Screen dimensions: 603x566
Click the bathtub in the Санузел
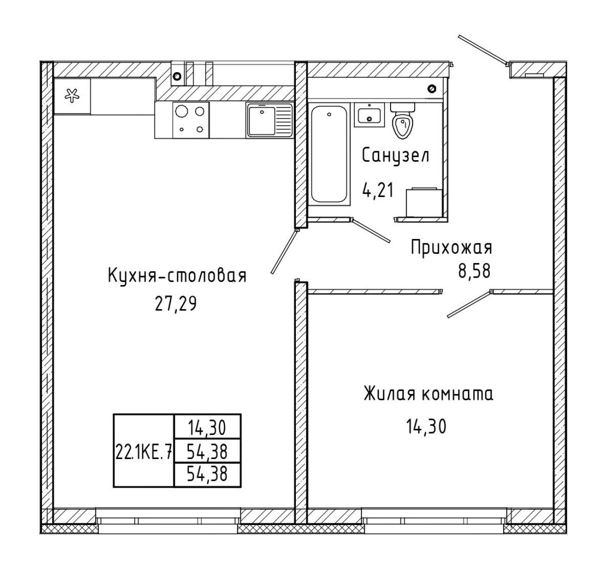[329, 154]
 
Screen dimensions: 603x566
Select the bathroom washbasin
[369, 115]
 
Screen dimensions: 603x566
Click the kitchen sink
[269, 120]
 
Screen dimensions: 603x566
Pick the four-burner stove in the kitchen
[191, 120]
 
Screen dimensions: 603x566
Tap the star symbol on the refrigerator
[72, 96]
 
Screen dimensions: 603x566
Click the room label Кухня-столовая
[177, 276]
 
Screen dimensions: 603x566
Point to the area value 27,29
[176, 304]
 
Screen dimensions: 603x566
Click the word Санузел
[396, 156]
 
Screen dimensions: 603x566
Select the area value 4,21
[378, 190]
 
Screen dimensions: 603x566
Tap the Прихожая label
[451, 248]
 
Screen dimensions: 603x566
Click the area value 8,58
[474, 271]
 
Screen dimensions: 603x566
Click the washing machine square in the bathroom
[424, 203]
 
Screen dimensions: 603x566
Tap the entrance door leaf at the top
[483, 51]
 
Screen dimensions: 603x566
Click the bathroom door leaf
[372, 230]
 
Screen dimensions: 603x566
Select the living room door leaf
[469, 304]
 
